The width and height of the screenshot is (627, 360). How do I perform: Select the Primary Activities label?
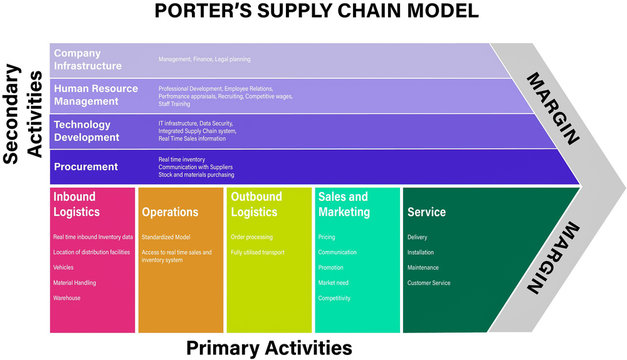[x=269, y=347]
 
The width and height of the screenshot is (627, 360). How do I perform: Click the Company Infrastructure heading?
[x=88, y=59]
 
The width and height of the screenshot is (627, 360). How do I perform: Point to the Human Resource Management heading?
[x=97, y=94]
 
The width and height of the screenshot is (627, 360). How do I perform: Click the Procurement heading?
[x=86, y=166]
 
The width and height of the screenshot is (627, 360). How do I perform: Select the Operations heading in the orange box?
[x=170, y=212]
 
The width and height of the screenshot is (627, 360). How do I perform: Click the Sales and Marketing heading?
[x=343, y=203]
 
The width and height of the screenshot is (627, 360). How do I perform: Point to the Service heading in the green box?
[x=427, y=212]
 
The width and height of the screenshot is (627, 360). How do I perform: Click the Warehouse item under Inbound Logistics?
[x=69, y=298]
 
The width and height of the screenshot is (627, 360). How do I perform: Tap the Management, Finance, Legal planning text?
[x=205, y=59]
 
